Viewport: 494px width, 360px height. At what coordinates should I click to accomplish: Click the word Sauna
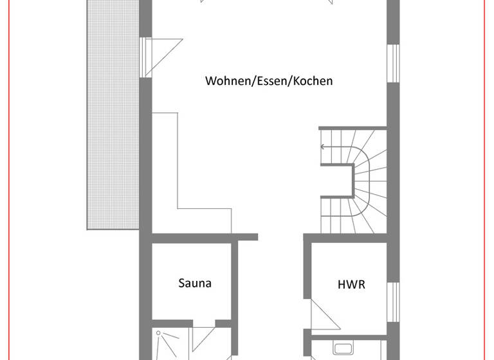click(194, 283)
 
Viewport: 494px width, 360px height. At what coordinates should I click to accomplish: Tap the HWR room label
click(351, 283)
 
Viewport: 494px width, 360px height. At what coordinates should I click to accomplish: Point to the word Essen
click(273, 81)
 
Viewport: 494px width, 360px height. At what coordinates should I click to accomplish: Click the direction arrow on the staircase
click(324, 147)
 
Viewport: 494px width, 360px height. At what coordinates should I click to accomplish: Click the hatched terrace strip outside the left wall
click(113, 116)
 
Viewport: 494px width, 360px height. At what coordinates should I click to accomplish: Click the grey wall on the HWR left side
click(307, 283)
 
